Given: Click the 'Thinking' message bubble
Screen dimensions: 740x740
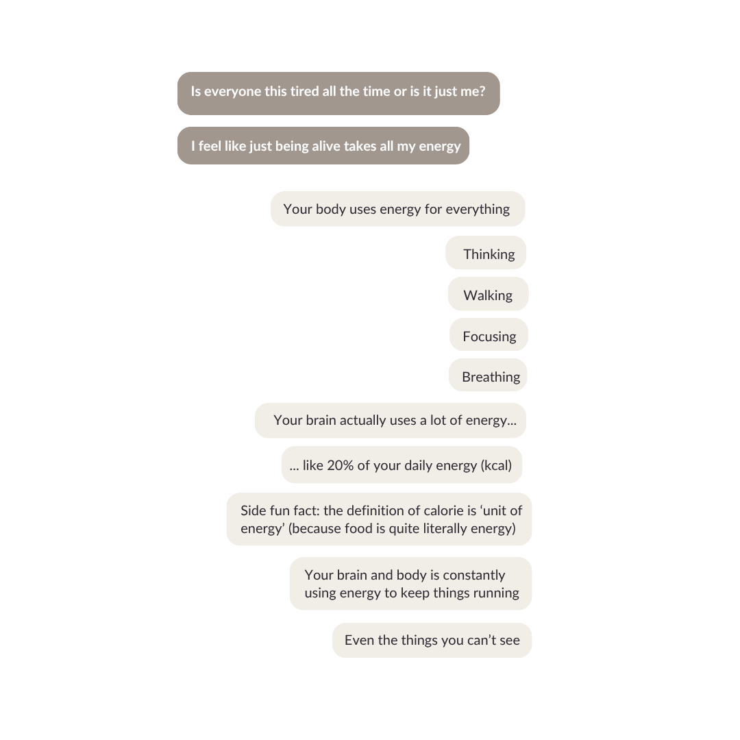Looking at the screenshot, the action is point(486,254).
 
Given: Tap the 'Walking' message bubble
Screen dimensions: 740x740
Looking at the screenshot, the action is point(488,295).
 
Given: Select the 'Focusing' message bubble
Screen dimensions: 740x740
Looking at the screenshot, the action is point(489,336).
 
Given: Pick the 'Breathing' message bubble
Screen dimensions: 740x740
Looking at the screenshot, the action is point(489,376).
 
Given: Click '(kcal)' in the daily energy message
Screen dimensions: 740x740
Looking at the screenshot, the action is point(496,465).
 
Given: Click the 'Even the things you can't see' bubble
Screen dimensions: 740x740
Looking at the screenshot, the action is point(432,640).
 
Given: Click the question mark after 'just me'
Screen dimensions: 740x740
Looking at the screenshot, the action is point(482,91).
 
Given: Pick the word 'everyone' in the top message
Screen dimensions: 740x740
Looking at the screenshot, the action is point(232,91).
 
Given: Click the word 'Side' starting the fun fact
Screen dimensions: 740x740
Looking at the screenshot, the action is point(254,510).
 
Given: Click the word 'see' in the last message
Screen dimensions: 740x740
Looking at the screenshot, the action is point(509,640).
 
